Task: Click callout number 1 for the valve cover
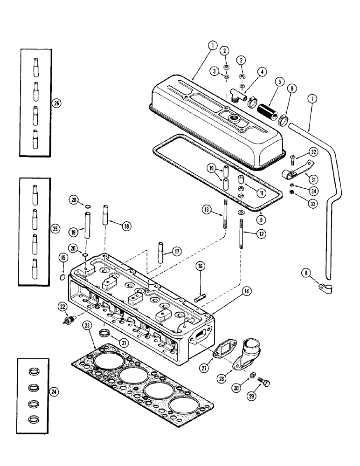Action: tap(212, 45)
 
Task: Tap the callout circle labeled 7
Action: tap(312, 98)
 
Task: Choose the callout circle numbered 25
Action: tap(55, 228)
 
